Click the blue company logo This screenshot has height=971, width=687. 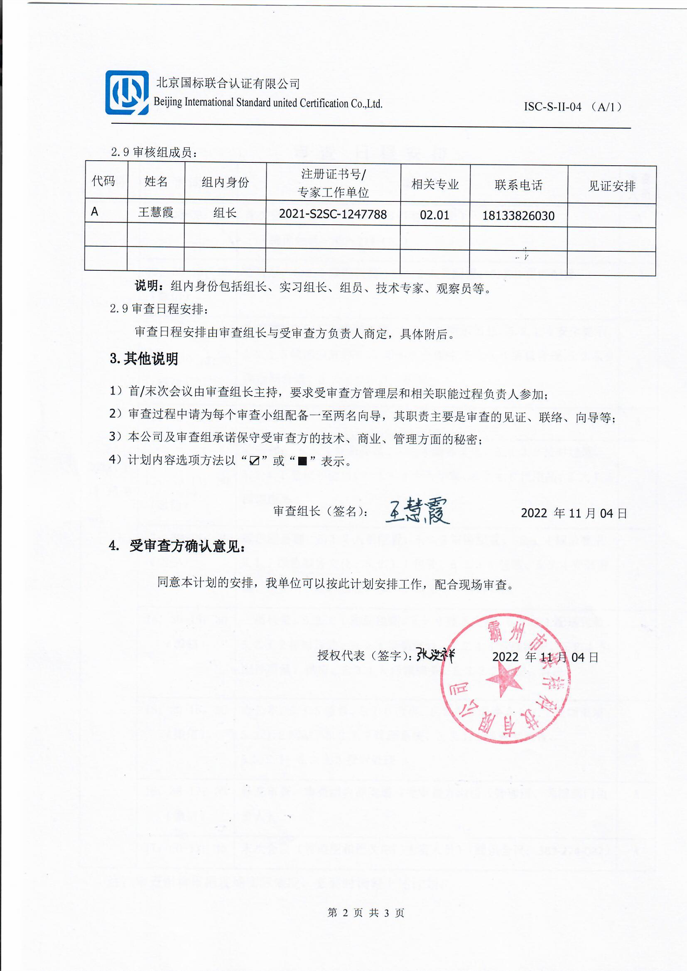127,93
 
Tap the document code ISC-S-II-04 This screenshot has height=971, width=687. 552,107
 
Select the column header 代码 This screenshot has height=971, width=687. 103,181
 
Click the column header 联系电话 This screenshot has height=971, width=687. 518,185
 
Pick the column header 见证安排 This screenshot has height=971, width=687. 611,186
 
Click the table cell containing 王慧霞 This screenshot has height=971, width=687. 156,212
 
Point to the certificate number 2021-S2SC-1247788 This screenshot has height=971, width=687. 333,214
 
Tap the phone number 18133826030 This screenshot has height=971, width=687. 518,216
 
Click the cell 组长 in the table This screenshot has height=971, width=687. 225,213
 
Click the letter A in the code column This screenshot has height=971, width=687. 95,212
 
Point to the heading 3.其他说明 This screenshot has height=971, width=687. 144,359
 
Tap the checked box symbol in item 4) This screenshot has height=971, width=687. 254,461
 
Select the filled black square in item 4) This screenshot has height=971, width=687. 302,461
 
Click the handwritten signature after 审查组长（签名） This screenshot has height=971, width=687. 417,511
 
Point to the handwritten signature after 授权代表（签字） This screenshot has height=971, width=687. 435,655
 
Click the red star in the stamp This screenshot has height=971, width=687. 504,679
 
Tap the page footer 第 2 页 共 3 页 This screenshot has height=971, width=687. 366,912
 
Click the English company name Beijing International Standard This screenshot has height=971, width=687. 268,103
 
